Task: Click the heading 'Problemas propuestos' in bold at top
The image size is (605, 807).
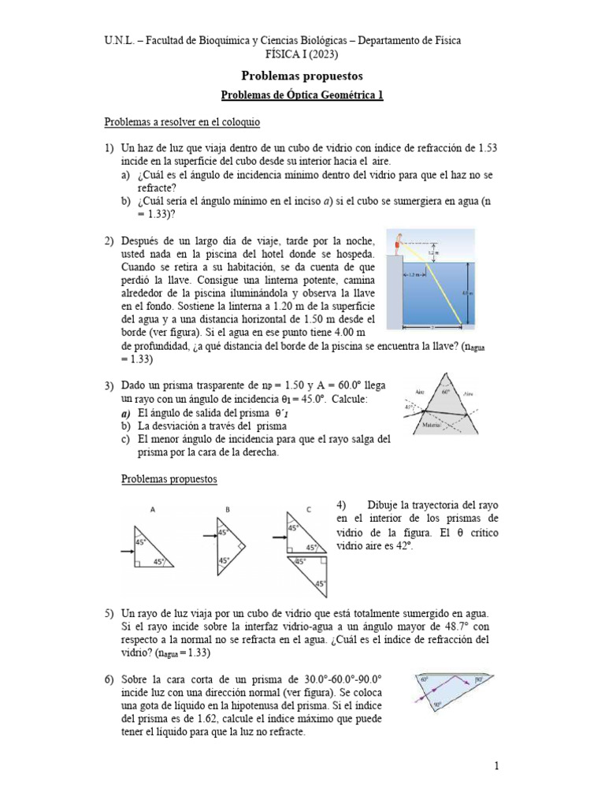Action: click(x=302, y=76)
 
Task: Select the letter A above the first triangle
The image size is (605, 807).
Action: click(x=153, y=510)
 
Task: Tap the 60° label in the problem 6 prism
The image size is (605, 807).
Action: click(x=424, y=678)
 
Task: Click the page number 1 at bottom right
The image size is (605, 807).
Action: click(x=497, y=765)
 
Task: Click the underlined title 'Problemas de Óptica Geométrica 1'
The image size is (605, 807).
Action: click(x=302, y=96)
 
